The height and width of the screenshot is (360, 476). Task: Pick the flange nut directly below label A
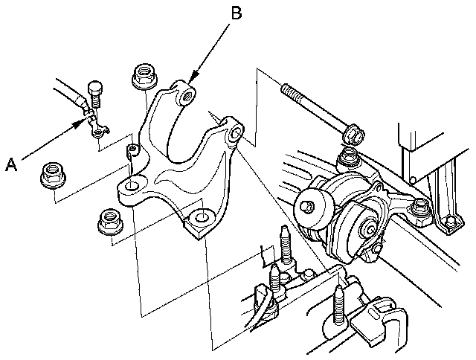point(53,174)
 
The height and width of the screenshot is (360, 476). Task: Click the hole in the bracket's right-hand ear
point(235,135)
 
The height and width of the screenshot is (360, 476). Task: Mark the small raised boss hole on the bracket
point(132,152)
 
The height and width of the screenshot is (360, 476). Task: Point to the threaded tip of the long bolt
point(287,89)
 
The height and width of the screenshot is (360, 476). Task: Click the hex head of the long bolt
point(353,135)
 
